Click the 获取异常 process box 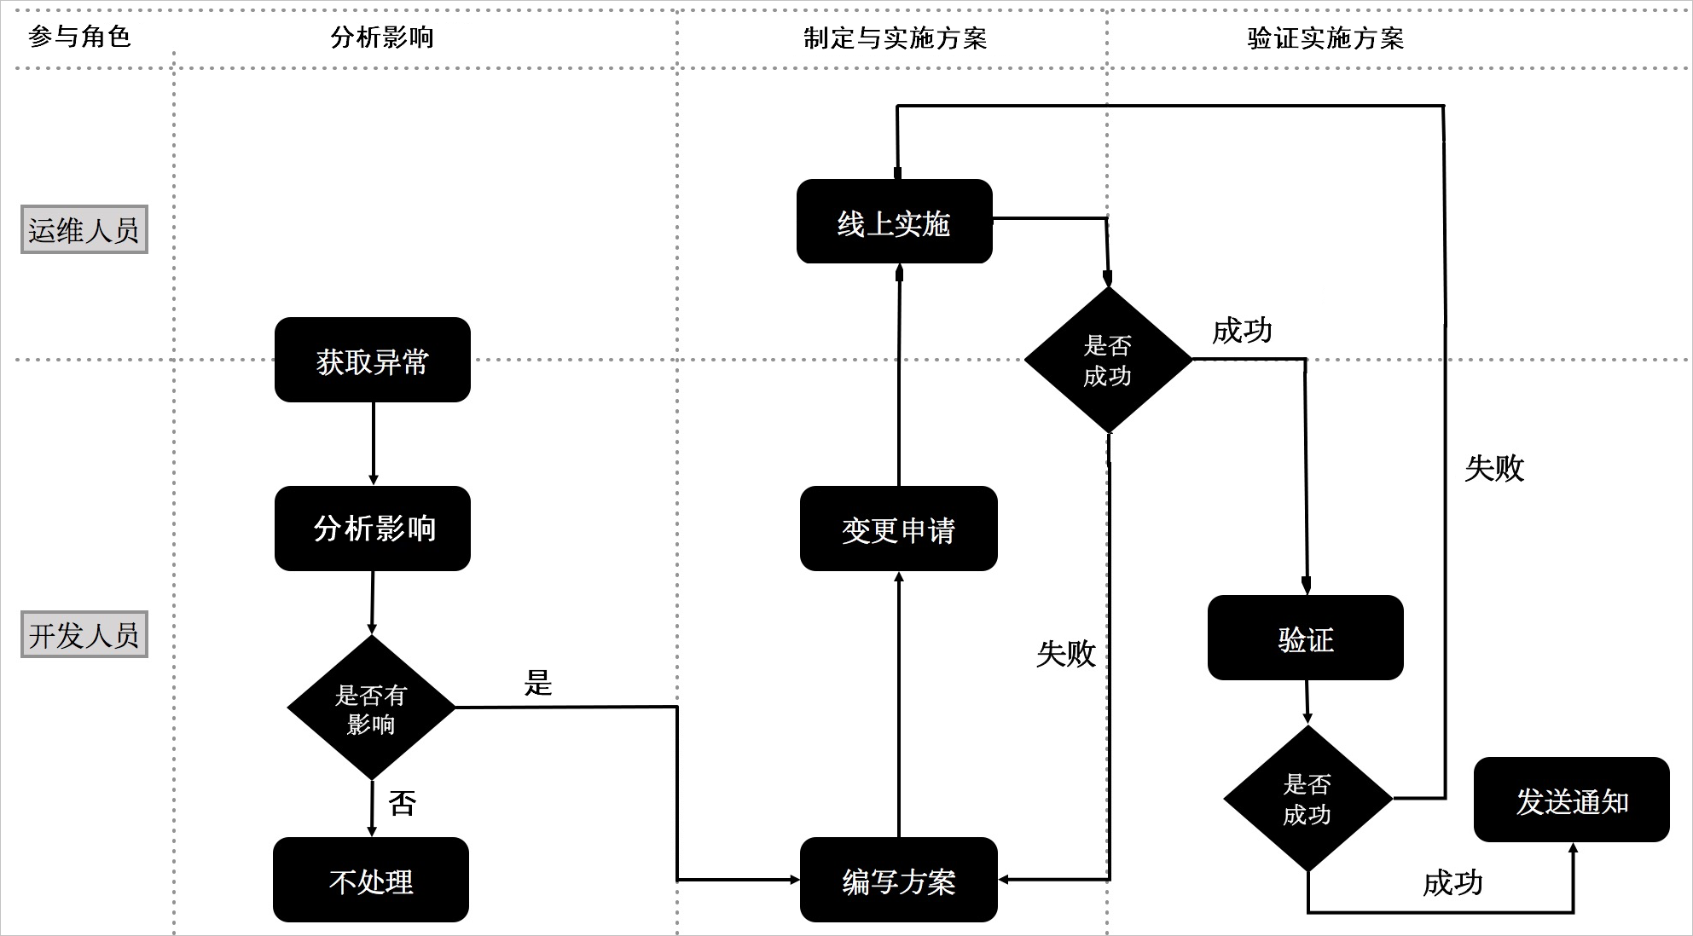372,360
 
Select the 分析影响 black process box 372,529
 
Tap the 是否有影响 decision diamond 371,708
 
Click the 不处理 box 371,880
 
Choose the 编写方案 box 898,880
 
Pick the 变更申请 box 898,529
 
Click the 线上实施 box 894,222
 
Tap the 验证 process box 1305,638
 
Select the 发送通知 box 1571,800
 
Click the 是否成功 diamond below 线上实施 1107,360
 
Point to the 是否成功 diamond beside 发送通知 1307,799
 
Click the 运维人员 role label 84,229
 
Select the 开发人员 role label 84,634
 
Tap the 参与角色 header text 78,37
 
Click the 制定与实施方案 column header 894,38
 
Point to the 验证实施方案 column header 1325,38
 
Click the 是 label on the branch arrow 538,683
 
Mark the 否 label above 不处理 402,803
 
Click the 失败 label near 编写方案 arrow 1065,654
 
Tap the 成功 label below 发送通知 1452,883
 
